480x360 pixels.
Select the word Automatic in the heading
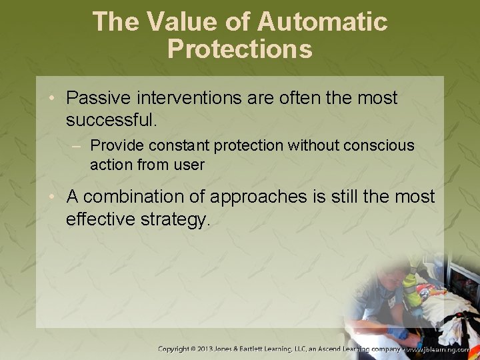point(322,22)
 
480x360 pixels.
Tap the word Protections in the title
point(240,49)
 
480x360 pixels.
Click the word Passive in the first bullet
point(98,98)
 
